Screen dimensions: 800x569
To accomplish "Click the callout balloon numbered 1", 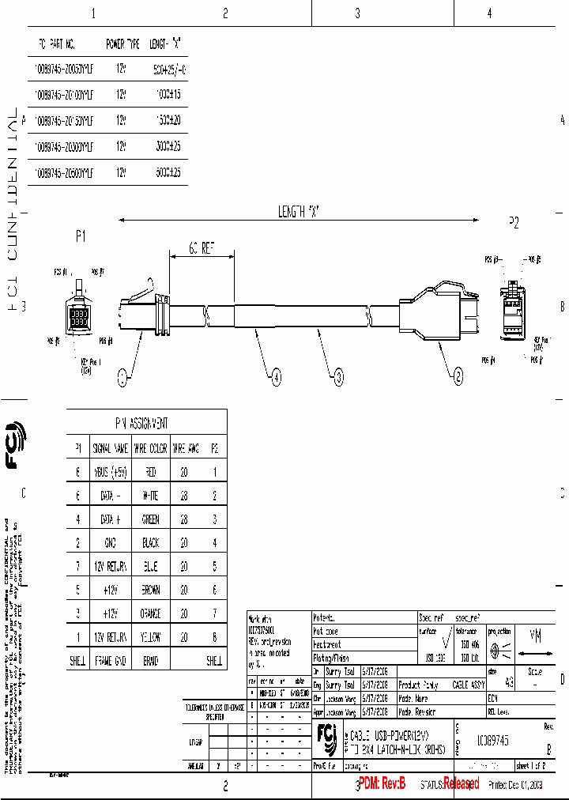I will pyautogui.click(x=122, y=379).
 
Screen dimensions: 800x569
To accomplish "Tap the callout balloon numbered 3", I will pyautogui.click(x=339, y=379).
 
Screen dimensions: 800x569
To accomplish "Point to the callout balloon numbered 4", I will pyautogui.click(x=276, y=379).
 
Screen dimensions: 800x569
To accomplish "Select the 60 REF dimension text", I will pyautogui.click(x=202, y=248).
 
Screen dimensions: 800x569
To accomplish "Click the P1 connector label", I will pyautogui.click(x=80, y=236).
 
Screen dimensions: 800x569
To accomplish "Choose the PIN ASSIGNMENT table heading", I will pyautogui.click(x=147, y=424).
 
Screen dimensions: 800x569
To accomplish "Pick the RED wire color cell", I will pyautogui.click(x=150, y=472).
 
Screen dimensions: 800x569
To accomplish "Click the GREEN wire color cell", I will pyautogui.click(x=150, y=519).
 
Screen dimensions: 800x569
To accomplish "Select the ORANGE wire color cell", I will pyautogui.click(x=150, y=613).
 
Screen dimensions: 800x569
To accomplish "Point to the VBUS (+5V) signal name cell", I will pyautogui.click(x=110, y=472).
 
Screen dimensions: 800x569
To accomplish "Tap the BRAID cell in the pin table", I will pyautogui.click(x=150, y=661).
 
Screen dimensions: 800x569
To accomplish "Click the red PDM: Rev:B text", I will pyautogui.click(x=382, y=783).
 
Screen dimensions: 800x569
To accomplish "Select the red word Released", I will pyautogui.click(x=461, y=783).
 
